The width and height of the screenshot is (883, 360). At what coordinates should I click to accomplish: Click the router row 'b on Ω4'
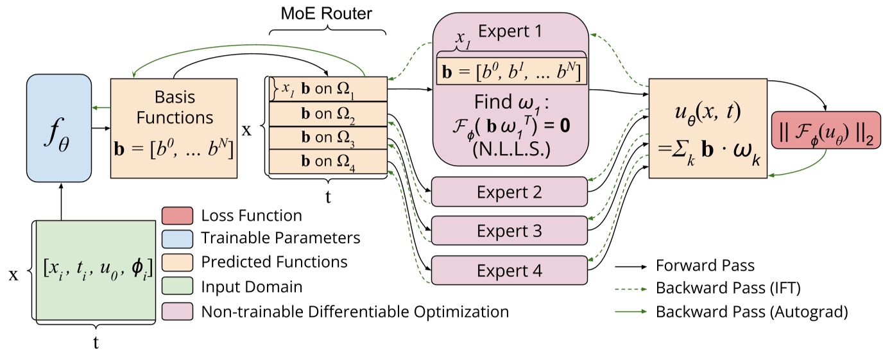pos(327,160)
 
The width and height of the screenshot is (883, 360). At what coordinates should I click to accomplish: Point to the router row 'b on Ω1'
pos(327,89)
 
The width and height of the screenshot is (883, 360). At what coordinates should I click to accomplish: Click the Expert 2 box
pos(510,192)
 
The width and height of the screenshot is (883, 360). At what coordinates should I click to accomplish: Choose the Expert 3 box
pos(510,230)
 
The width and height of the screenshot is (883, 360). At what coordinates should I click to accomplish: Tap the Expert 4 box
pos(510,270)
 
